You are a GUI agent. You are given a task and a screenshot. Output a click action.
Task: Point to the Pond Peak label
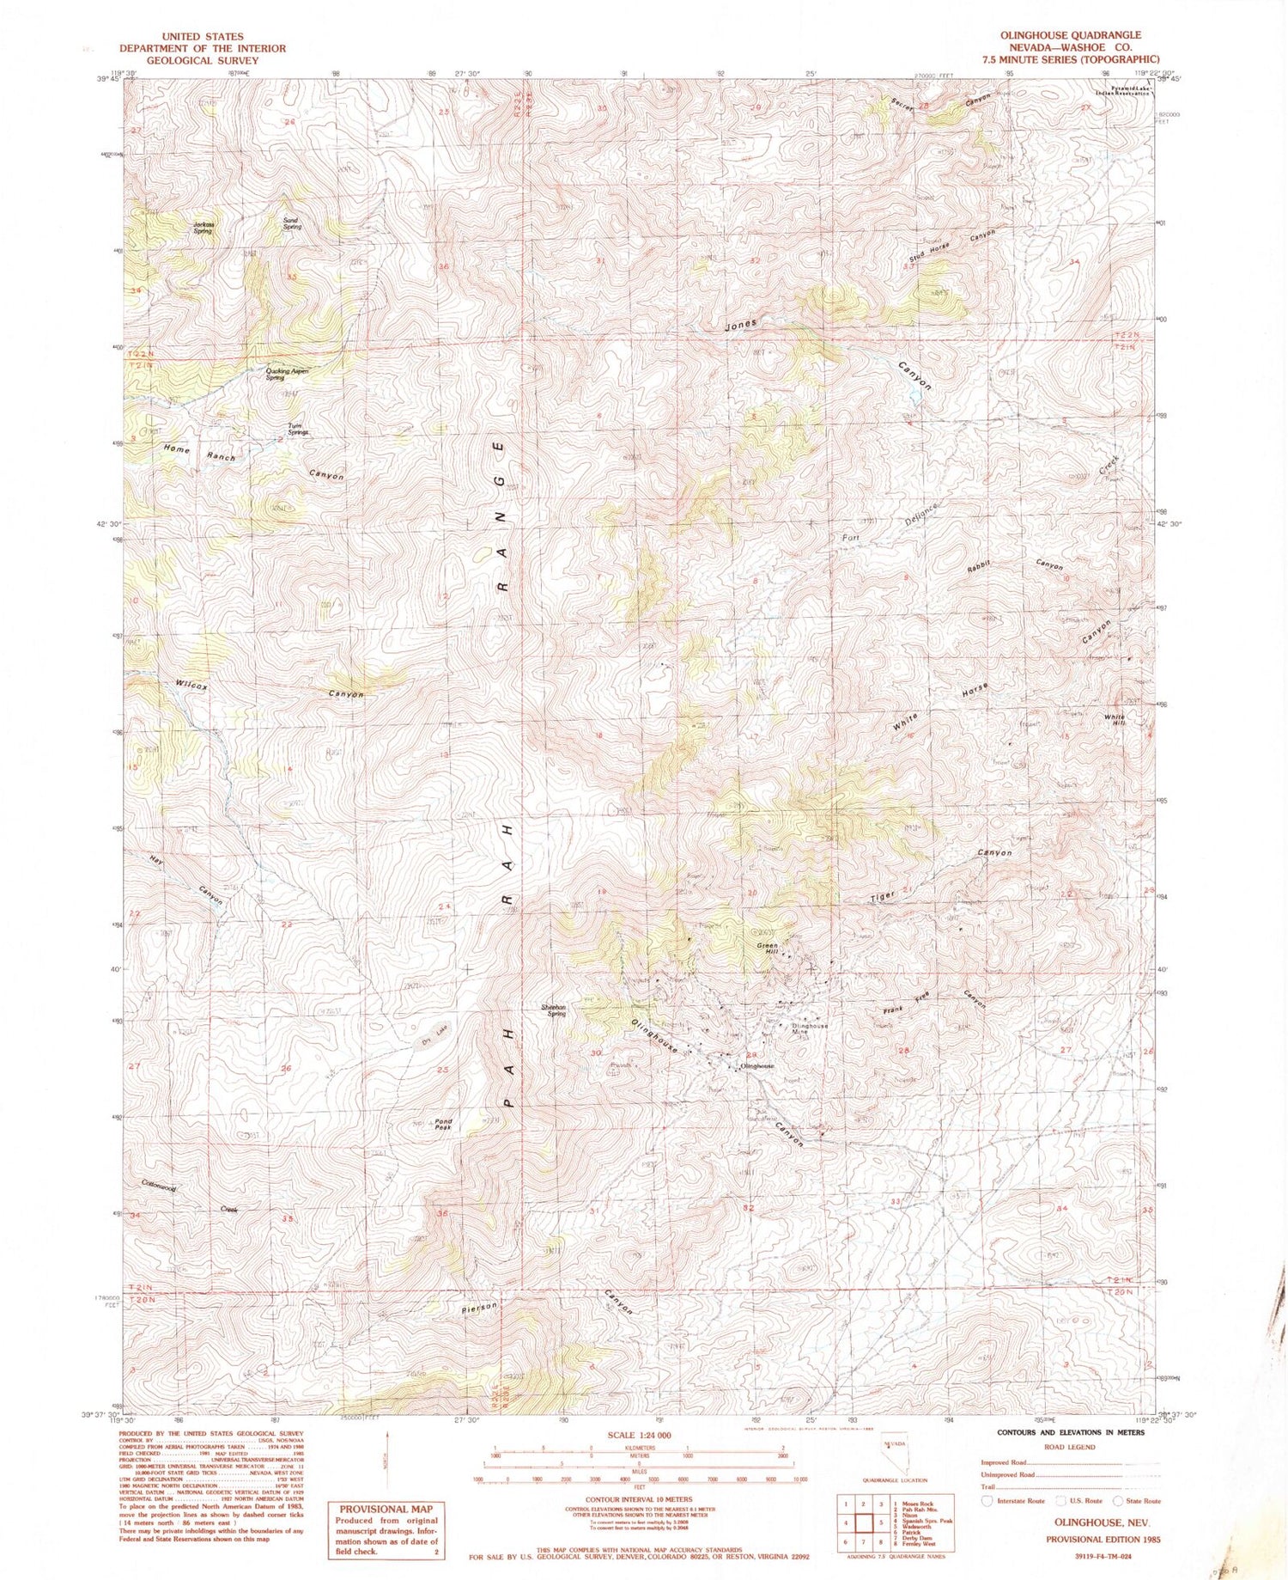point(443,1124)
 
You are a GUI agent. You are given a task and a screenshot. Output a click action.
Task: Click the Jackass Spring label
point(202,229)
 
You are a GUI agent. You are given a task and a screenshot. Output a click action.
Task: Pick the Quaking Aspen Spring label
point(286,374)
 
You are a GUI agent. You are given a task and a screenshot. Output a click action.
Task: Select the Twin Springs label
point(298,430)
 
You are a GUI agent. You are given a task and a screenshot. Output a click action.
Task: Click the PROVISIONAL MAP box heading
point(386,1508)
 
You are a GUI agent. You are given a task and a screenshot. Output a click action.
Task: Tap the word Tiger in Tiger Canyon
point(884,896)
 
